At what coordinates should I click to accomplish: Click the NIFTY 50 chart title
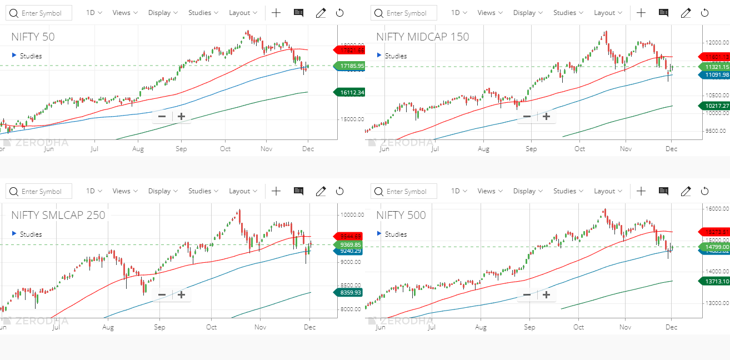coord(33,37)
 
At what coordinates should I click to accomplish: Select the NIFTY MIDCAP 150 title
coord(422,37)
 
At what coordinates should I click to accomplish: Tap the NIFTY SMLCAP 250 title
coord(58,216)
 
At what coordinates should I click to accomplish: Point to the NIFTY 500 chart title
coord(401,216)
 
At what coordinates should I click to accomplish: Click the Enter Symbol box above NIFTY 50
coord(39,13)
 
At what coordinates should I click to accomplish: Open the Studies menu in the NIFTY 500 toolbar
coord(568,191)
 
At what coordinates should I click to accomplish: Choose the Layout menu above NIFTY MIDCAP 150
coord(608,13)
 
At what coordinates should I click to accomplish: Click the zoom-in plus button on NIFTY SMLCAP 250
coord(181,294)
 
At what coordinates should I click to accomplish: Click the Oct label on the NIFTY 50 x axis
coord(225,149)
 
